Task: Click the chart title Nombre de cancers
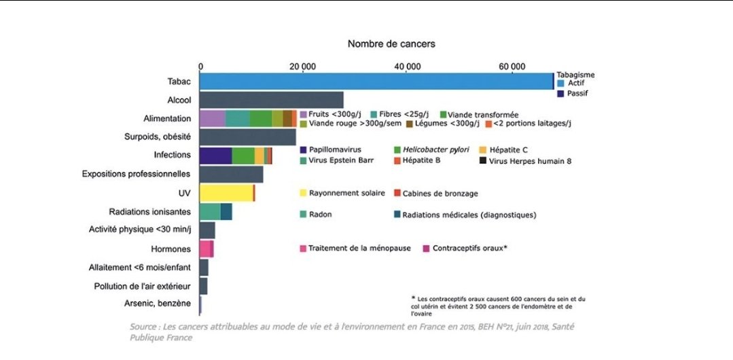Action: pyautogui.click(x=391, y=43)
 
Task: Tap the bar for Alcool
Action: pyautogui.click(x=272, y=100)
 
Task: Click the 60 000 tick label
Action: pyautogui.click(x=512, y=67)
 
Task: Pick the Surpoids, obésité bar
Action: pyautogui.click(x=248, y=137)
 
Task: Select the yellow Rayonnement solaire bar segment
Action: pyautogui.click(x=226, y=193)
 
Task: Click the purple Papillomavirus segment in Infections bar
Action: pyautogui.click(x=215, y=156)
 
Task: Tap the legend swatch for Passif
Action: pyautogui.click(x=560, y=94)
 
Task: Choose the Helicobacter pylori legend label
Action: pyautogui.click(x=435, y=149)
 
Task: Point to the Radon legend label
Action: pyautogui.click(x=322, y=215)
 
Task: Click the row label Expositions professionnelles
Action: pyautogui.click(x=136, y=174)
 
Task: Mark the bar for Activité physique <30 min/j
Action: pyautogui.click(x=207, y=230)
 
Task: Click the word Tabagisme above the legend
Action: pyautogui.click(x=575, y=74)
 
